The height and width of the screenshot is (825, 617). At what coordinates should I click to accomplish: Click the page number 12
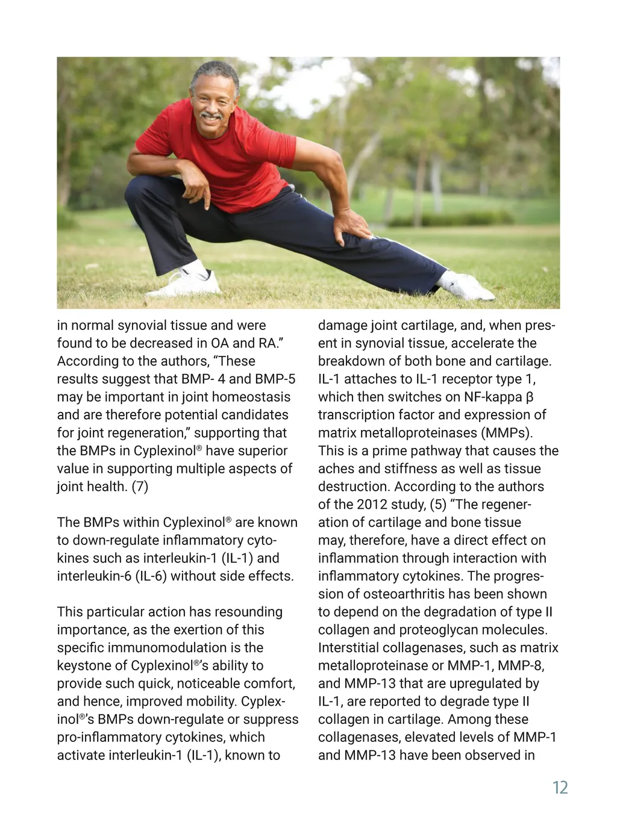pyautogui.click(x=560, y=788)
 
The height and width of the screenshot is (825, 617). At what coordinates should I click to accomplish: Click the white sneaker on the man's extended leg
pyautogui.click(x=468, y=287)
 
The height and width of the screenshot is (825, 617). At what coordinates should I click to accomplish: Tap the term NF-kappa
pyautogui.click(x=493, y=397)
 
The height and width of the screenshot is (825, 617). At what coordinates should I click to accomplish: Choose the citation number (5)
pyautogui.click(x=438, y=505)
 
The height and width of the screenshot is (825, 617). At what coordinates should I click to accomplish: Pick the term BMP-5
pyautogui.click(x=275, y=379)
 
